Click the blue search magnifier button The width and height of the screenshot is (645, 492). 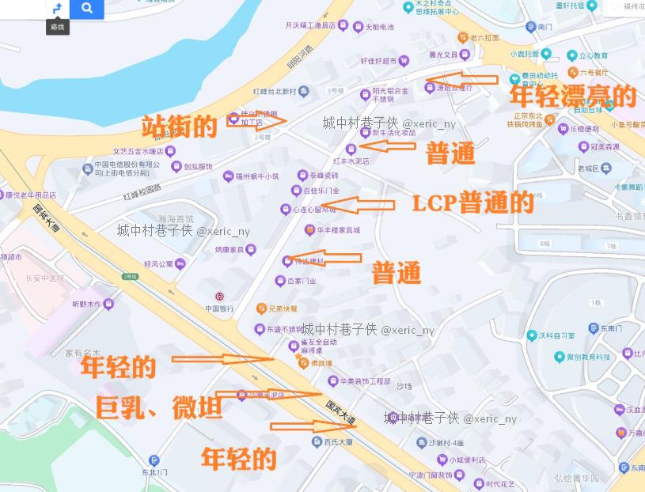coord(87,9)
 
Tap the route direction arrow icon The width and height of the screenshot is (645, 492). coord(57,9)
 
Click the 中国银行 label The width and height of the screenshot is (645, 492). coord(219,308)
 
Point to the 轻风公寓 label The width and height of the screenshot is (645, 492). coord(158,263)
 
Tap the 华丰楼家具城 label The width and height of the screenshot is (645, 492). coord(339,230)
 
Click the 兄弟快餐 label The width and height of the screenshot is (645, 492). coord(282,308)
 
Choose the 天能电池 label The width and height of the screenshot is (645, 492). coord(378,27)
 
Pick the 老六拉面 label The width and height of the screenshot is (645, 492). coord(484,37)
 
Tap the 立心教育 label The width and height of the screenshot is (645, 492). coord(593,56)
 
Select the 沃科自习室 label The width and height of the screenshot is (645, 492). coord(556,335)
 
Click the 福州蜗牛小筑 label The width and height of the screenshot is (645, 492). coord(257,176)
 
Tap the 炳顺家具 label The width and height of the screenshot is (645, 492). coord(230,249)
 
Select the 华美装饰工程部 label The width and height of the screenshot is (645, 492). coord(365,381)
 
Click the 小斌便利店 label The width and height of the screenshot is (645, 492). coord(467,460)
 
